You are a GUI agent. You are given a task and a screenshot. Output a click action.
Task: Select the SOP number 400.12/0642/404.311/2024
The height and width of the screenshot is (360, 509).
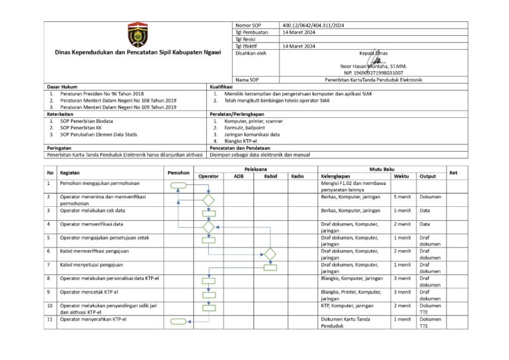(x=313, y=25)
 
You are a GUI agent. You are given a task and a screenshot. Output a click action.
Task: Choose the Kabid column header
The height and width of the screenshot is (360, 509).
(x=270, y=176)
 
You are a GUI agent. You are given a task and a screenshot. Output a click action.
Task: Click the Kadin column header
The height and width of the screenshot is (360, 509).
(x=298, y=176)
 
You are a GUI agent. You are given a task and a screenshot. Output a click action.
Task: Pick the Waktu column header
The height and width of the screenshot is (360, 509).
(x=401, y=176)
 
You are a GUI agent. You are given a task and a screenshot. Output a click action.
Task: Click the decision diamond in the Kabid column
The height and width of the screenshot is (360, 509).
(x=270, y=254)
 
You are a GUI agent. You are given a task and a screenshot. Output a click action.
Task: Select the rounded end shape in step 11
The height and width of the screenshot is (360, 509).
(x=179, y=322)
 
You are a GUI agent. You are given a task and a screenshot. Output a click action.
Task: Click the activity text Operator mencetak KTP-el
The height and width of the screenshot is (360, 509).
(x=89, y=292)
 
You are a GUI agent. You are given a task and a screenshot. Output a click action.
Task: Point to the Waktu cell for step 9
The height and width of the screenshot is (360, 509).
(x=402, y=292)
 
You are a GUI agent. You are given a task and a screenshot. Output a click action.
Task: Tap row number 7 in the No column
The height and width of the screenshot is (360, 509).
(x=49, y=265)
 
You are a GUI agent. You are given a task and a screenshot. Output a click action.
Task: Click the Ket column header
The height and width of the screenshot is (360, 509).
(x=453, y=172)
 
